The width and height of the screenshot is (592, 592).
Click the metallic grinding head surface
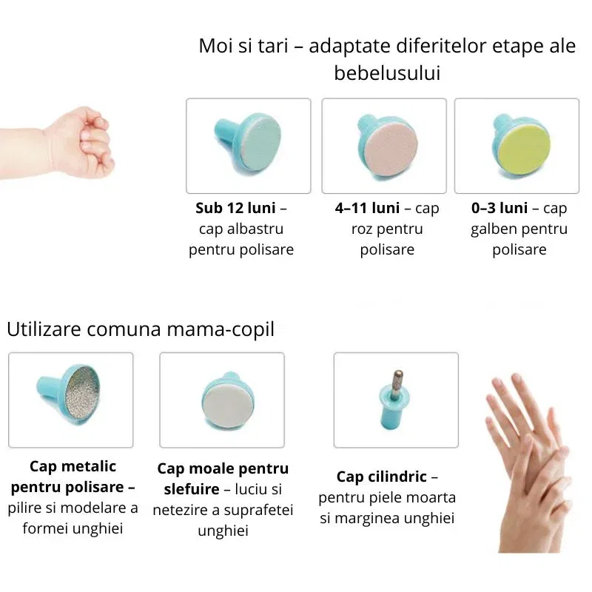click(91, 394)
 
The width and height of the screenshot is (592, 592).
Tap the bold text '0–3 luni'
click(499, 208)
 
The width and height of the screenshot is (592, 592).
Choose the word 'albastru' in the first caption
click(256, 229)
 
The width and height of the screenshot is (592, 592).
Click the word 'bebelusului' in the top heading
click(387, 73)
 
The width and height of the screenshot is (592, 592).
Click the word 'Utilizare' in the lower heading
click(44, 329)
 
